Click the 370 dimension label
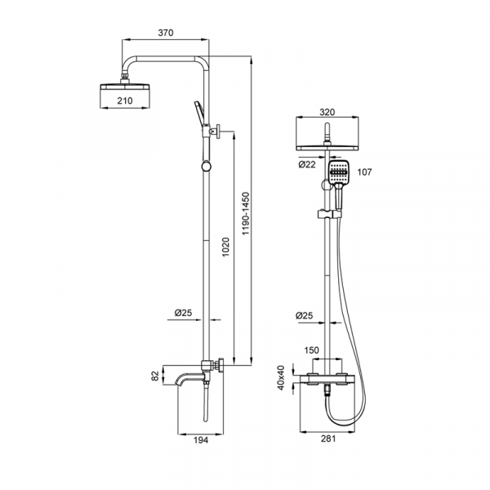coord(166,33)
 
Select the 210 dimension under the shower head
coord(125,100)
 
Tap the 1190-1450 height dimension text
coord(247,213)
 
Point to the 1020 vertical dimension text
coord(225,247)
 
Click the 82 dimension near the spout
coord(155,376)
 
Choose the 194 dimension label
coord(201,440)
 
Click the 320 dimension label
coord(327,112)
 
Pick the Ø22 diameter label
coord(307,164)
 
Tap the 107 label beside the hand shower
coord(364,171)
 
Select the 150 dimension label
coord(312,350)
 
